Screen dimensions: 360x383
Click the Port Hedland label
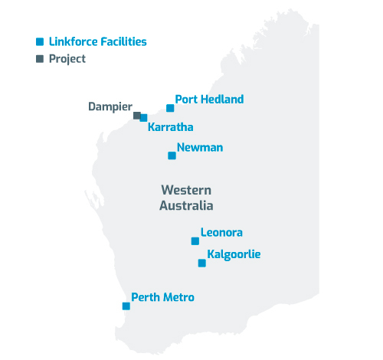(209, 100)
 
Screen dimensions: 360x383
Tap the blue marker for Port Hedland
(170, 108)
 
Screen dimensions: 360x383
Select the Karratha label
(170, 127)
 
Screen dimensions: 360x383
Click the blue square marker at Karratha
(143, 118)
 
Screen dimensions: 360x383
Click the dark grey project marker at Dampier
(136, 116)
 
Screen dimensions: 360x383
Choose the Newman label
(199, 148)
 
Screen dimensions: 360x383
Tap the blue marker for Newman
(172, 155)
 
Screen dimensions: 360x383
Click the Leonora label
(221, 232)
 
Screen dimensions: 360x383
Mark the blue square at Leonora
(195, 241)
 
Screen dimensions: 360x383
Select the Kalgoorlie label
(234, 254)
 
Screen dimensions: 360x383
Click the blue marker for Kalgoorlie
(201, 263)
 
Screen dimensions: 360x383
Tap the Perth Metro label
(162, 297)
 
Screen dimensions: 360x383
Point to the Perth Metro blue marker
(126, 306)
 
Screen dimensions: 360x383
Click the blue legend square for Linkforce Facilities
(39, 42)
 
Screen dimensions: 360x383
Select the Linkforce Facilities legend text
(97, 42)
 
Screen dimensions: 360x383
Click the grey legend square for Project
(39, 58)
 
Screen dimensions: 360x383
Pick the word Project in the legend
(67, 58)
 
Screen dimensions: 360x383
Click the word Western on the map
(186, 190)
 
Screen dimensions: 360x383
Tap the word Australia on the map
(186, 205)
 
